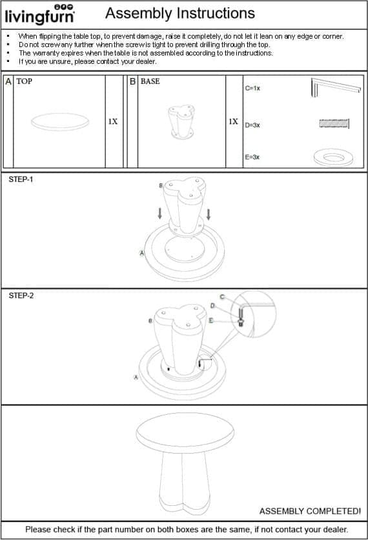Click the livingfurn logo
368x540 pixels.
click(40, 14)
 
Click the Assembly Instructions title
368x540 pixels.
click(180, 14)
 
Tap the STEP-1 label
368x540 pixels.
click(21, 179)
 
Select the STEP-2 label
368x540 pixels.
click(21, 295)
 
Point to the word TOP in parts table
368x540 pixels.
click(24, 81)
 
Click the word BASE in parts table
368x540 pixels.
click(150, 81)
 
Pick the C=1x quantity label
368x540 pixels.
click(252, 88)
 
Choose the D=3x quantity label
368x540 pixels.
click(252, 125)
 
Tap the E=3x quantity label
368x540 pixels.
click(252, 157)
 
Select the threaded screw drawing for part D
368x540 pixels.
click(334, 123)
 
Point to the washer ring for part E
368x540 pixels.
click(334, 157)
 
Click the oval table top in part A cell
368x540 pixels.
click(60, 122)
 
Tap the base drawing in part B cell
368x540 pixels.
click(181, 122)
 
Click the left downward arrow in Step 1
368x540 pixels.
click(160, 214)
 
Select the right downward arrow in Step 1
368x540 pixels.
click(208, 214)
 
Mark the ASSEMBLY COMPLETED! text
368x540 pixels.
click(310, 511)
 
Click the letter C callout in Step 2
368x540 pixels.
click(222, 297)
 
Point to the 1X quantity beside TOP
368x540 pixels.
click(113, 121)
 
